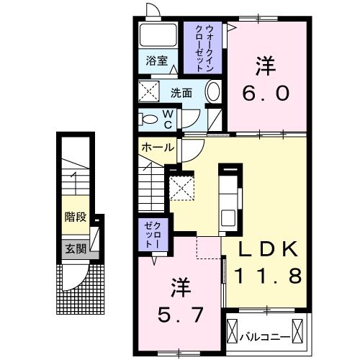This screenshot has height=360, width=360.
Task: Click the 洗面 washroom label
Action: [x=181, y=93]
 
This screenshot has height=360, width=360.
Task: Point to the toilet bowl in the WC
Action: [x=150, y=119]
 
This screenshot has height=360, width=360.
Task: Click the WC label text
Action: [x=167, y=118]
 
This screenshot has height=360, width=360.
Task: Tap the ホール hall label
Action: [x=156, y=148]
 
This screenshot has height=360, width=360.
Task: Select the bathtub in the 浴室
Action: [x=158, y=35]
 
